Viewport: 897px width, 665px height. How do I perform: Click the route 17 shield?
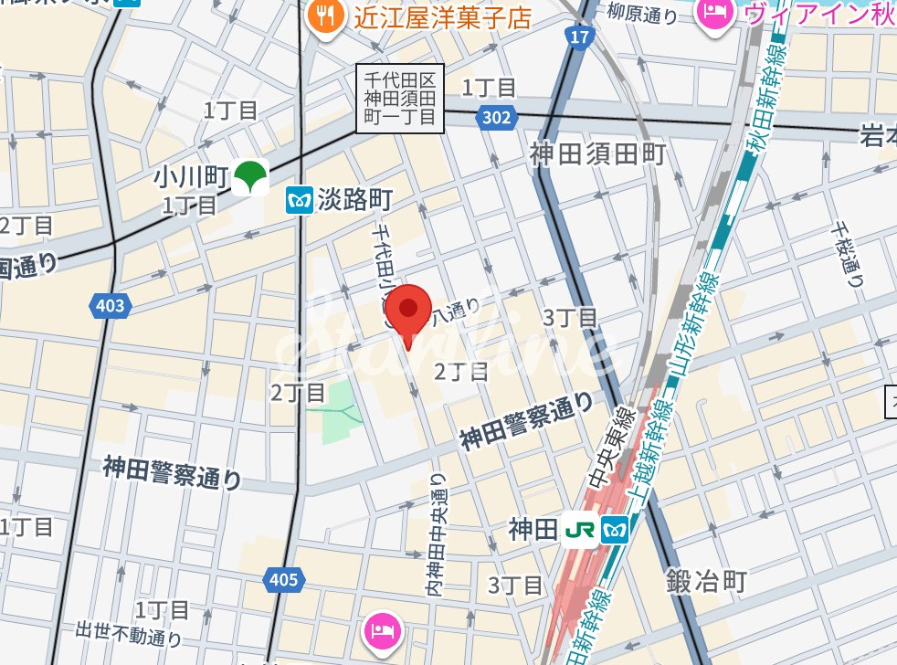577,37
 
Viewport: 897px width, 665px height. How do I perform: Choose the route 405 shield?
284,578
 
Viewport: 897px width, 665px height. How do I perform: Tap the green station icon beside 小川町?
248,177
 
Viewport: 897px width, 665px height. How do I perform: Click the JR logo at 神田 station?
580,530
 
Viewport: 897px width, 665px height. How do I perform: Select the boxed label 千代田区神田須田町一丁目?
399,100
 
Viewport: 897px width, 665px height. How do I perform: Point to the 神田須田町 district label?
597,153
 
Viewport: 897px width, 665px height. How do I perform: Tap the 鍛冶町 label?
706,580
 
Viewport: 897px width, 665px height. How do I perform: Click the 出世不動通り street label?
129,633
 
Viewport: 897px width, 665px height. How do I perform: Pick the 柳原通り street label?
645,15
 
